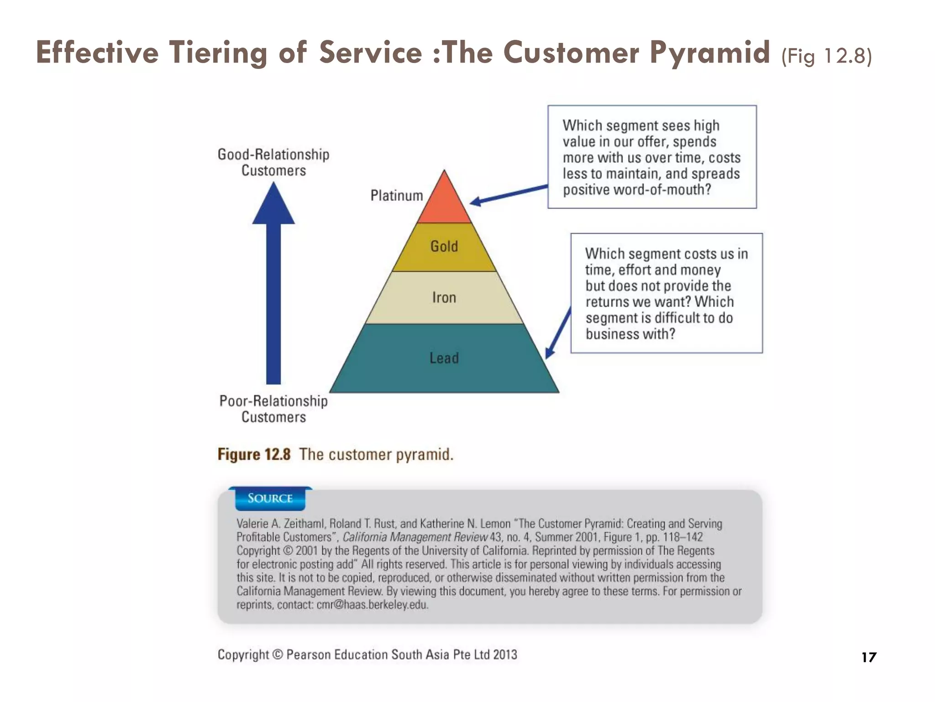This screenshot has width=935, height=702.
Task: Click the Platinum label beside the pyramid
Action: coord(396,196)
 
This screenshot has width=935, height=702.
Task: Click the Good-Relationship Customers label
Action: coord(273,162)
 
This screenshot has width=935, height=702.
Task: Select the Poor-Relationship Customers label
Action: coord(273,409)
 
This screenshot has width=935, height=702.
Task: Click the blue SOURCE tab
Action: coord(270,498)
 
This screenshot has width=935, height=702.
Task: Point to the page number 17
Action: coord(869,657)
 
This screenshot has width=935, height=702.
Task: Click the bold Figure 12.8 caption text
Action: coord(254,454)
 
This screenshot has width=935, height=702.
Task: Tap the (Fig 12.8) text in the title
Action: coord(826,56)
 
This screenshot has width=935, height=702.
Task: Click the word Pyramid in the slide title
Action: coord(710,52)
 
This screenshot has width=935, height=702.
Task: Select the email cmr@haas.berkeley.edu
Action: coord(373,605)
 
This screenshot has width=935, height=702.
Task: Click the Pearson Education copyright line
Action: coord(367,654)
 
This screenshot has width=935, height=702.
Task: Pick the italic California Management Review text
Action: coord(415,537)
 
